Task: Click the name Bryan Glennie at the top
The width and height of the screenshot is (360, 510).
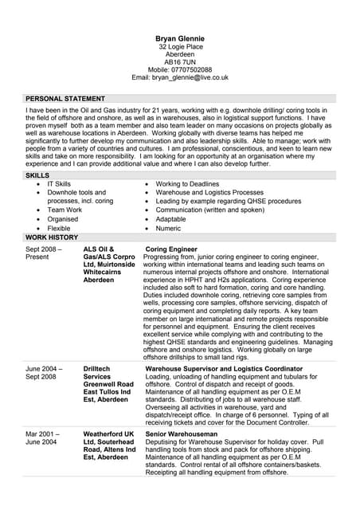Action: [x=179, y=38]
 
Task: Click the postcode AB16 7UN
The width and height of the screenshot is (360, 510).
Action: [x=179, y=61]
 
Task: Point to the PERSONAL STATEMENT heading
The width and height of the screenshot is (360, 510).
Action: [x=65, y=98]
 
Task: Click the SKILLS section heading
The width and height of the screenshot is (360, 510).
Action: [x=37, y=175]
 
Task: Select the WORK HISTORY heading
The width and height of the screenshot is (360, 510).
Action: [x=52, y=237]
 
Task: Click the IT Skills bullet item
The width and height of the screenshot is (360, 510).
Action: [x=59, y=184]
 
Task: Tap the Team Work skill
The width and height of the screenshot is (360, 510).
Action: [x=65, y=210]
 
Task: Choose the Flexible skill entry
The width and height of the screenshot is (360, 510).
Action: [x=61, y=228]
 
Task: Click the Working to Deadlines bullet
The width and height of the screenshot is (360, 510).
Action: [x=187, y=184]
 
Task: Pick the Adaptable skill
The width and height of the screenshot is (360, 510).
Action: [x=170, y=219]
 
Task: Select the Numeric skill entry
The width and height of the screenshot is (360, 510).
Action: [x=168, y=228]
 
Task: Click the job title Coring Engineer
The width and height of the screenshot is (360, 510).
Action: [x=171, y=249]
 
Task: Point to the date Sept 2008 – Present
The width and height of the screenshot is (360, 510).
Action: [x=43, y=253]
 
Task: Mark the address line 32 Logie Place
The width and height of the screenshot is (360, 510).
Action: [x=180, y=47]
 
